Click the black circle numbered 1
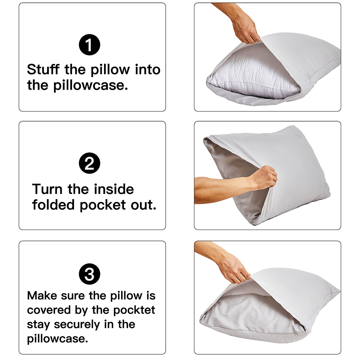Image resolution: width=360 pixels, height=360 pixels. [89, 45]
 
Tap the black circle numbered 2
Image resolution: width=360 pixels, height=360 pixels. [89, 163]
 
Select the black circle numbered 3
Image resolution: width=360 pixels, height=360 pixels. [89, 274]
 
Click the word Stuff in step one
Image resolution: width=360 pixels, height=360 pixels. [43, 69]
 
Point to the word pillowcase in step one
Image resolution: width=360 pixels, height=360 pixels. [90, 86]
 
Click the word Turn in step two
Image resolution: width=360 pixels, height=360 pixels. [47, 189]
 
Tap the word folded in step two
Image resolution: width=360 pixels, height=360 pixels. [53, 204]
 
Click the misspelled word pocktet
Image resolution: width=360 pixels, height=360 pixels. [134, 310]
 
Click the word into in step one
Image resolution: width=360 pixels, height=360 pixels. [148, 69]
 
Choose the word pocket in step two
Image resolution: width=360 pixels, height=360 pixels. [103, 205]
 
